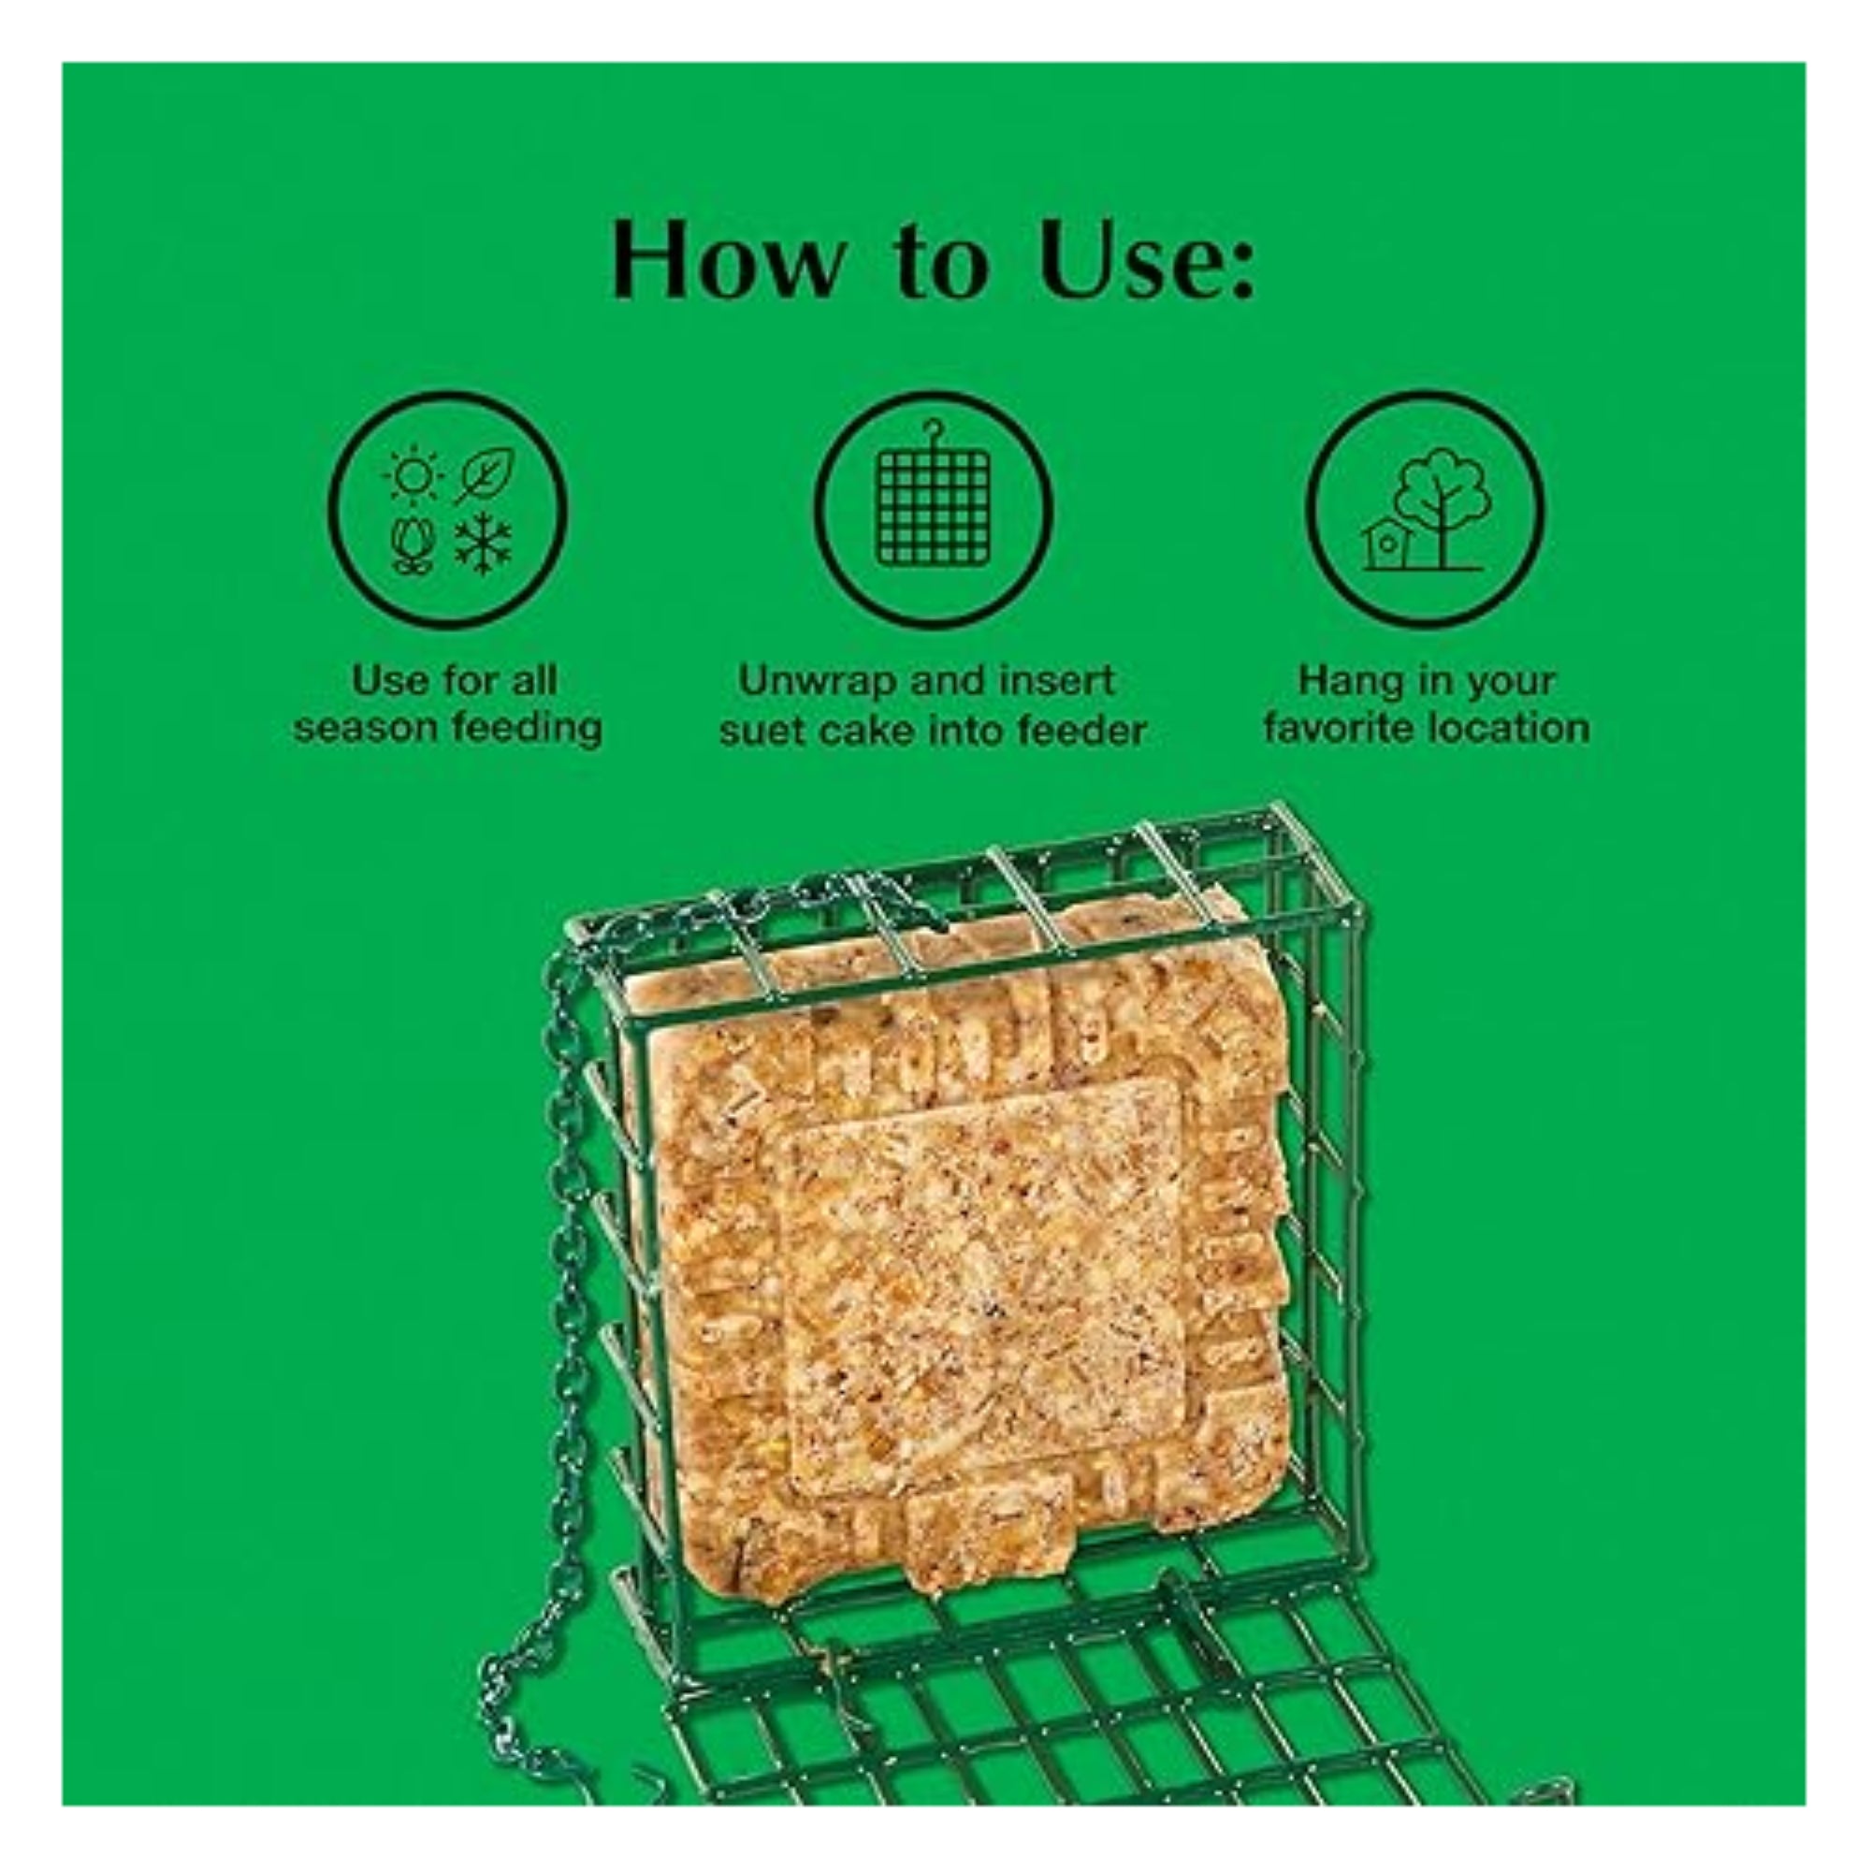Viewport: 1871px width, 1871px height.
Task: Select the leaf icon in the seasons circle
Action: point(487,475)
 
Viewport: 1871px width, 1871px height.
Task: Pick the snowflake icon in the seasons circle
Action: point(485,544)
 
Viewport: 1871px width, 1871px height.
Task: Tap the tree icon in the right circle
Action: point(1443,503)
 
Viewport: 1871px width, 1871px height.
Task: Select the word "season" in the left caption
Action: point(364,728)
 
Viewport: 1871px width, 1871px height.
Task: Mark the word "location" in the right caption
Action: point(1515,728)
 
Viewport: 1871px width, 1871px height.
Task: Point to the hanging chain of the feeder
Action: point(567,1259)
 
